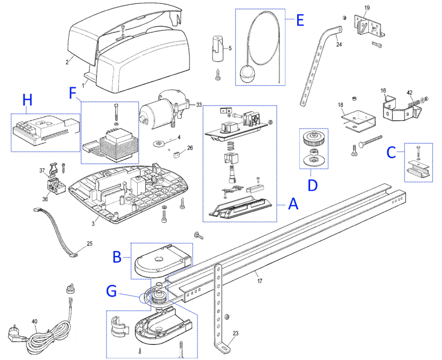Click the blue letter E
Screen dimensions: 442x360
[x=300, y=20]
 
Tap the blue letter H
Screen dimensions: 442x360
[x=27, y=100]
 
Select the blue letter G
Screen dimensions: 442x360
[x=112, y=291]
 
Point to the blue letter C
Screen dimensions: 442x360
[x=391, y=152]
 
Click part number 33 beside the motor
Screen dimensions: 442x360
[x=199, y=105]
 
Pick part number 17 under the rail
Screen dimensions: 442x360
[x=260, y=281]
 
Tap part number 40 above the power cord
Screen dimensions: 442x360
[x=34, y=321]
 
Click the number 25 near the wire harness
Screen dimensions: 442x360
[x=89, y=243]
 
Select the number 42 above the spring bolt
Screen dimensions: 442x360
[x=409, y=93]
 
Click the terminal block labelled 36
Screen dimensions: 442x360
[x=55, y=187]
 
